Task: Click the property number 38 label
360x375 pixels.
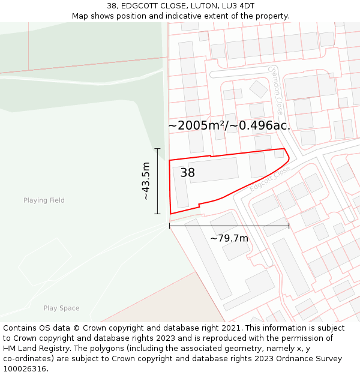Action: [x=187, y=173]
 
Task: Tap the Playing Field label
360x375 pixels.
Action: [x=44, y=200]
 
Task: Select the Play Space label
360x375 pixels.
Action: [x=61, y=308]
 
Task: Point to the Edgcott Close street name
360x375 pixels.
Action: [x=270, y=179]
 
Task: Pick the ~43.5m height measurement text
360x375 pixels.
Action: [x=146, y=181]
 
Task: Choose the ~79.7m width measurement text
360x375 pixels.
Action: [x=229, y=238]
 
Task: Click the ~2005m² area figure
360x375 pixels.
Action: [x=197, y=125]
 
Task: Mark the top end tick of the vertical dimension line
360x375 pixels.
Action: [x=158, y=148]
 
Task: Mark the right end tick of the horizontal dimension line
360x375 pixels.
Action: [x=289, y=226]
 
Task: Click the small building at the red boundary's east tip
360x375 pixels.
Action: [x=279, y=154]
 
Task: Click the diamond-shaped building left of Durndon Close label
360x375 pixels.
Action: [x=259, y=89]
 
